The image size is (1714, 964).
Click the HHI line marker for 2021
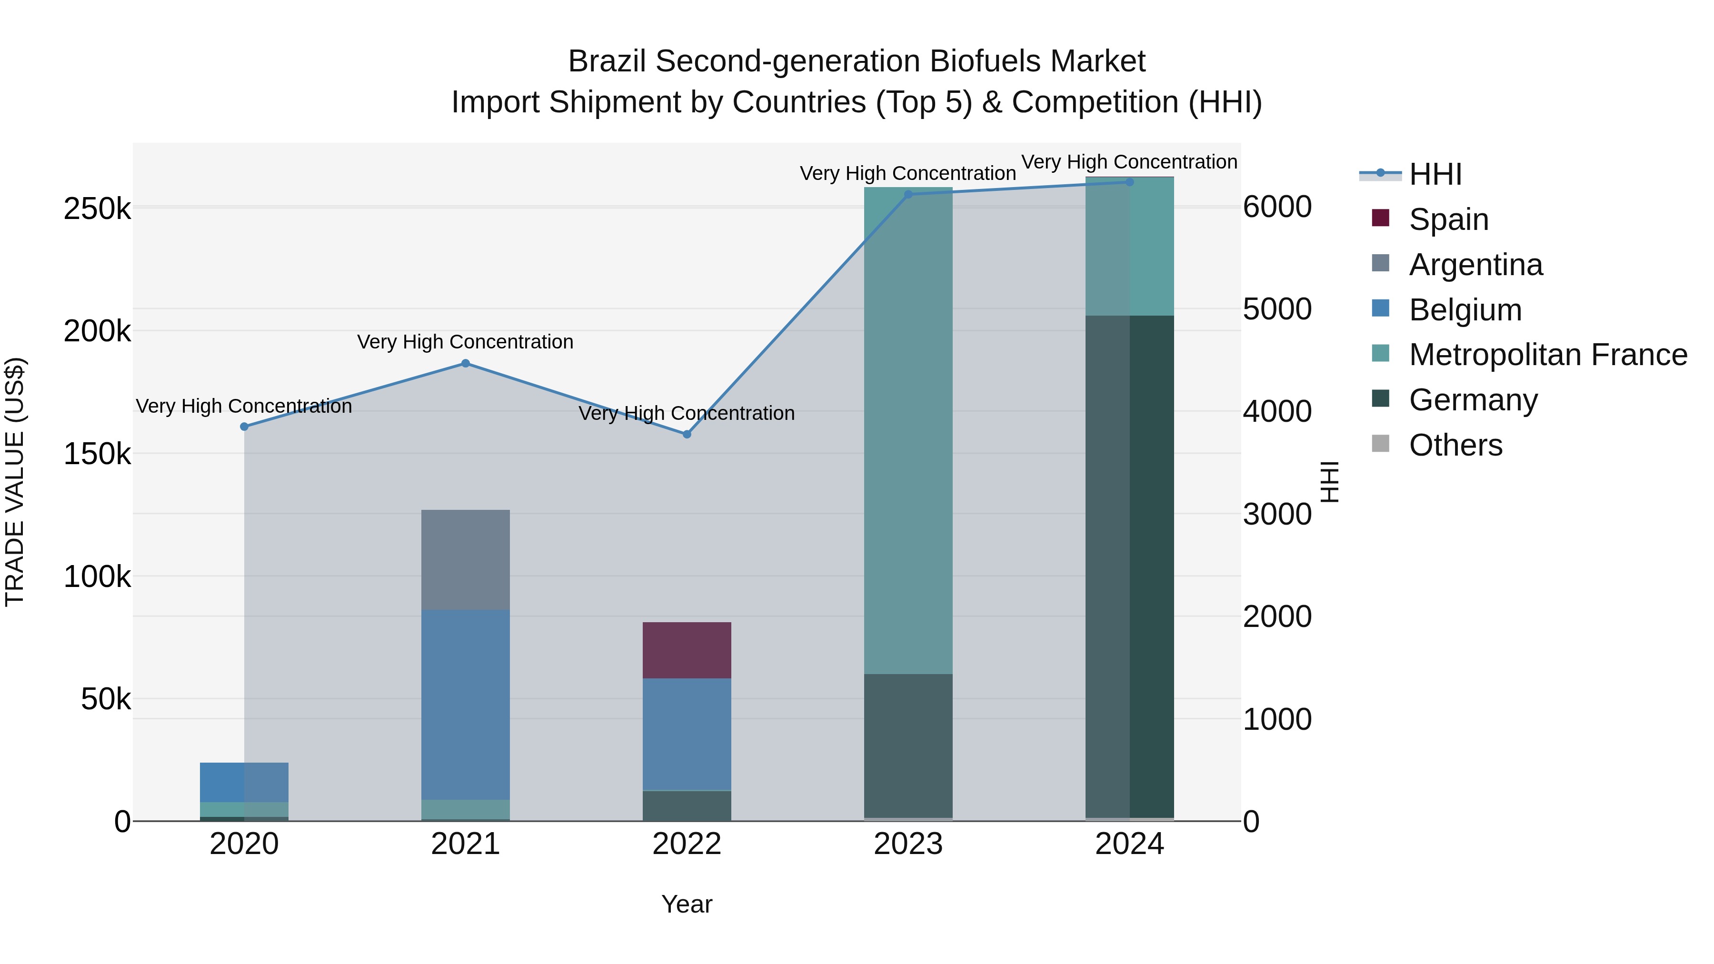pos(465,363)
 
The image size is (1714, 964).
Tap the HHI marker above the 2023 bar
pos(908,194)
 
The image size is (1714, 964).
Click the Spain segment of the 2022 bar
pos(687,650)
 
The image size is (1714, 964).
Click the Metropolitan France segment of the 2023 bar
pos(908,432)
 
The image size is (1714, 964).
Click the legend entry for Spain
pos(1448,219)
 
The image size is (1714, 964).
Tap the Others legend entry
pos(1455,445)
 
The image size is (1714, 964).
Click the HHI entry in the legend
pos(1435,174)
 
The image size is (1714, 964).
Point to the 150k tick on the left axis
pos(97,455)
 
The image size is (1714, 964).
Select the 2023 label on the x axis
pos(908,844)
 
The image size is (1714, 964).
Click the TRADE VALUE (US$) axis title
pos(15,482)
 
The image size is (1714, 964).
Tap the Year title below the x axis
pos(687,904)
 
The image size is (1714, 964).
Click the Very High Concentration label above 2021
pos(465,342)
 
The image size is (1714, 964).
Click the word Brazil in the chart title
pos(607,61)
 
